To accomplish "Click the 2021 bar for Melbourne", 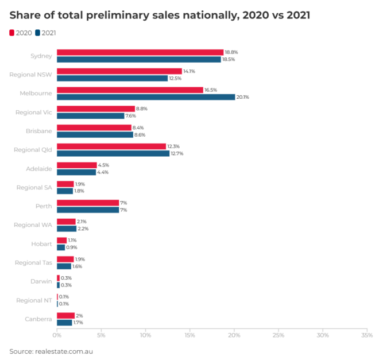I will (146, 97).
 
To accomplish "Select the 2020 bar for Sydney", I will (140, 52).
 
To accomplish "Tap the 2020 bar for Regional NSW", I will (119, 71).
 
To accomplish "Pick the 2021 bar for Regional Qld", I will (113, 153).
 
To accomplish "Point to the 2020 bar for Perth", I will (88, 203).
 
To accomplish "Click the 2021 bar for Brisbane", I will (95, 134).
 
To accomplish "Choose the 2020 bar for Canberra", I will (65, 315).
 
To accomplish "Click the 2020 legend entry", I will (21, 33).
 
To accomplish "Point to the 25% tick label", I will (278, 335).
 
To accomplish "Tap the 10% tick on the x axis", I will (145, 335).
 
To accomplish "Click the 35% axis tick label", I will (366, 335).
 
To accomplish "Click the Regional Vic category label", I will (34, 112).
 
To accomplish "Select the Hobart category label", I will (41, 244).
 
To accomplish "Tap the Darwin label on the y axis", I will (41, 281).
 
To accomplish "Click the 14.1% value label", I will (189, 71).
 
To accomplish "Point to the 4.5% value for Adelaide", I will (103, 165).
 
